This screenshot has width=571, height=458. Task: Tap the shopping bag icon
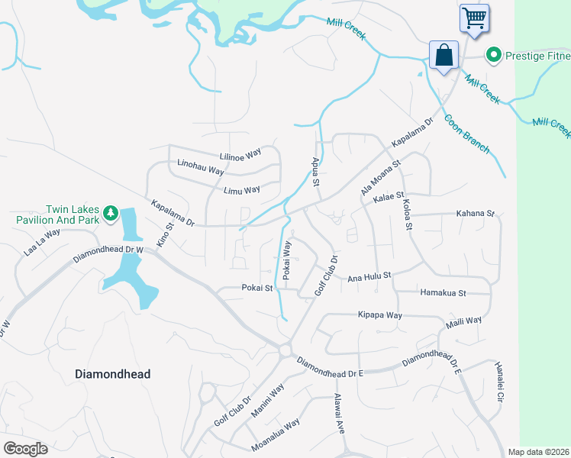(x=444, y=55)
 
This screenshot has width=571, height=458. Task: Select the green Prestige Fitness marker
(x=494, y=54)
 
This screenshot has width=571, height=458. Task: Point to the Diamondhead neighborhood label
(x=113, y=374)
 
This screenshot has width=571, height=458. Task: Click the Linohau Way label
(x=201, y=168)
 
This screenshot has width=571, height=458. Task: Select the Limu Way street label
(x=242, y=190)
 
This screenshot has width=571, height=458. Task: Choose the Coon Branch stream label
(x=466, y=134)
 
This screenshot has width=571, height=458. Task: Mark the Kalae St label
(x=389, y=198)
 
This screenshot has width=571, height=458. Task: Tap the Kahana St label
(x=476, y=214)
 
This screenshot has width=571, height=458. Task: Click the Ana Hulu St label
(x=369, y=276)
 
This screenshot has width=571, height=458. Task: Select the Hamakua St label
(x=443, y=292)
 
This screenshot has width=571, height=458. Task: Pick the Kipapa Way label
(x=379, y=314)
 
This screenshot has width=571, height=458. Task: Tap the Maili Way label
(x=464, y=321)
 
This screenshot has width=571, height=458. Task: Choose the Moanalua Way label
(x=276, y=435)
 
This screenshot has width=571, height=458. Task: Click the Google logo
(x=25, y=449)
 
